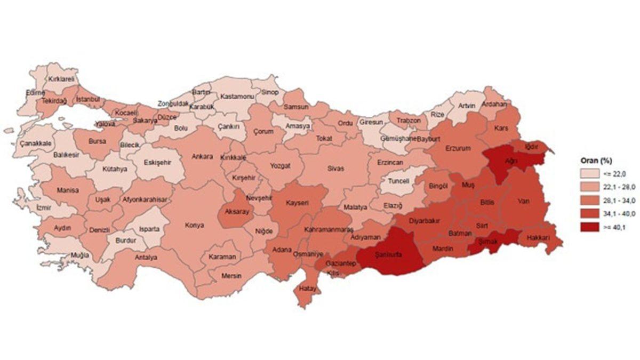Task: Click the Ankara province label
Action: click(x=203, y=156)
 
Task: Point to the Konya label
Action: click(x=194, y=225)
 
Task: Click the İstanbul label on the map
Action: click(x=88, y=99)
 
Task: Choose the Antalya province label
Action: click(x=146, y=257)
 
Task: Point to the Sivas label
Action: click(x=336, y=168)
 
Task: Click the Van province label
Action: click(x=523, y=202)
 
